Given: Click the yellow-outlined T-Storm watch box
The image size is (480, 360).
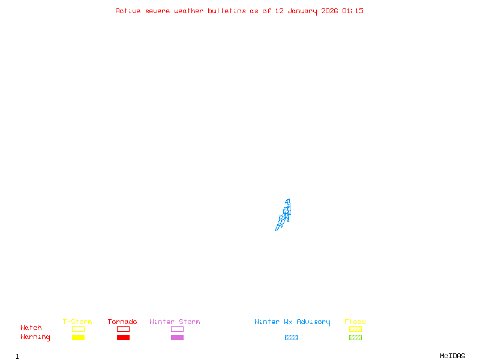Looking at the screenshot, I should (78, 329).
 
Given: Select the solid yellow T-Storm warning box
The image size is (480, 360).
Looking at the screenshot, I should (78, 337).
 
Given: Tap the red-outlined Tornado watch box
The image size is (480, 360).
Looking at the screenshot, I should (123, 329).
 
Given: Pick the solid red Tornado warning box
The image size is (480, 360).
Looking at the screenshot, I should (123, 337).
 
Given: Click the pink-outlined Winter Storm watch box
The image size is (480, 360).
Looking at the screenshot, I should (177, 329).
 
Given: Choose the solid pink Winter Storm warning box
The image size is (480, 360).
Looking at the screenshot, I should (177, 337).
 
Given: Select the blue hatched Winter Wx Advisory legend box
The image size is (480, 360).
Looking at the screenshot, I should (291, 337).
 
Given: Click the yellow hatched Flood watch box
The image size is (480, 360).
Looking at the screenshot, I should (355, 329).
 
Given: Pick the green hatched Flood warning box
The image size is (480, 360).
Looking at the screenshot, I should (355, 337).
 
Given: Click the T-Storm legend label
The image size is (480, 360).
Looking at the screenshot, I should (77, 322).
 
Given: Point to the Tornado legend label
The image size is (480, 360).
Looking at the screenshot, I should (122, 322).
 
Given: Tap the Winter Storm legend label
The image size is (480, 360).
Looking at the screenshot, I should (175, 322).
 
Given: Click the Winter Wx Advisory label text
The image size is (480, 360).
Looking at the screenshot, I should (292, 322).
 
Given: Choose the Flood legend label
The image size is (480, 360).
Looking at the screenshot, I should (355, 322).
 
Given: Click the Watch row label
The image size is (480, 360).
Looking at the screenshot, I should (31, 328).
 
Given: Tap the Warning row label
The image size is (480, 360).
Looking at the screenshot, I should (35, 337).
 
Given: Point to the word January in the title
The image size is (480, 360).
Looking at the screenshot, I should (302, 11).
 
